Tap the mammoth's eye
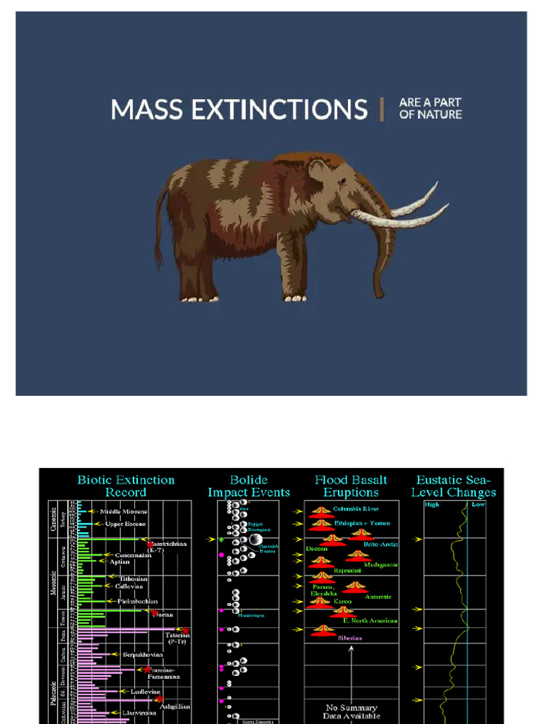pyautogui.click(x=342, y=182)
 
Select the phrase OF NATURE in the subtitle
pyautogui.click(x=431, y=115)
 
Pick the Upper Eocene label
pyautogui.click(x=125, y=524)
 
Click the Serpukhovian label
pyautogui.click(x=142, y=655)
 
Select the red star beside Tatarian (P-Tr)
pyautogui.click(x=185, y=631)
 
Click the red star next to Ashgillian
pyautogui.click(x=160, y=699)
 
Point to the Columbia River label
pyautogui.click(x=356, y=509)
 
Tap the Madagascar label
pyautogui.click(x=381, y=565)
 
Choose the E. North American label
pyautogui.click(x=370, y=620)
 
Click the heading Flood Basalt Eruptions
pyautogui.click(x=351, y=486)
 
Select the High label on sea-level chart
pyautogui.click(x=431, y=505)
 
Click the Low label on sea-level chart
pyautogui.click(x=478, y=505)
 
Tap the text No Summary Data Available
pyautogui.click(x=351, y=712)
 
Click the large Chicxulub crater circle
pyautogui.click(x=255, y=540)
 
